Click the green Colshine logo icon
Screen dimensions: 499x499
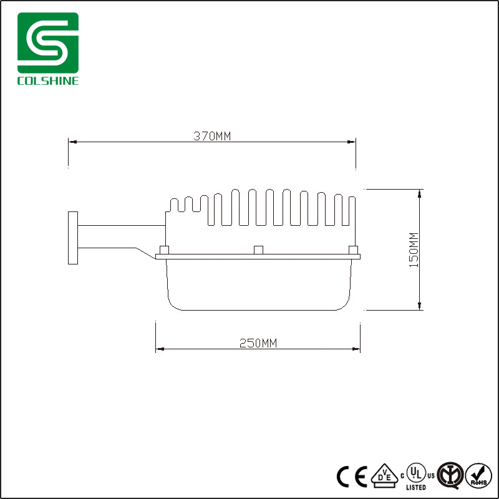click(48, 43)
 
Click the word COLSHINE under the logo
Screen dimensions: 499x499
click(48, 81)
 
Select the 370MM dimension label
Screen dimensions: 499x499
click(212, 136)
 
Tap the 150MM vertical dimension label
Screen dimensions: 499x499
click(412, 250)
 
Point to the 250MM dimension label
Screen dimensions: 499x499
click(258, 343)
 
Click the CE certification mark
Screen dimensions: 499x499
click(352, 476)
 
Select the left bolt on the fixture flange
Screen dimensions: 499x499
click(165, 249)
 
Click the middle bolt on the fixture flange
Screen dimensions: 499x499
click(258, 249)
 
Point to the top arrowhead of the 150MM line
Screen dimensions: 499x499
click(420, 191)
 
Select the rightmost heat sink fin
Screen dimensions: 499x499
click(352, 215)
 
